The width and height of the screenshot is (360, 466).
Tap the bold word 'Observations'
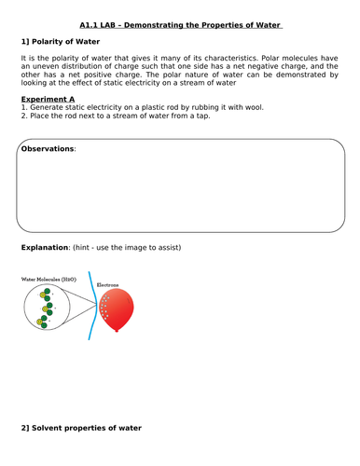coord(48,149)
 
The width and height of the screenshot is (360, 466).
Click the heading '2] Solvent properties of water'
coord(81,428)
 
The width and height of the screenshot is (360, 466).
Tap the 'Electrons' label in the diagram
coord(109,282)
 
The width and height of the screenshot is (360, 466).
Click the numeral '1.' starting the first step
coord(24,107)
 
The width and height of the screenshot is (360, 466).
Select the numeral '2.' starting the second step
coord(24,116)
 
